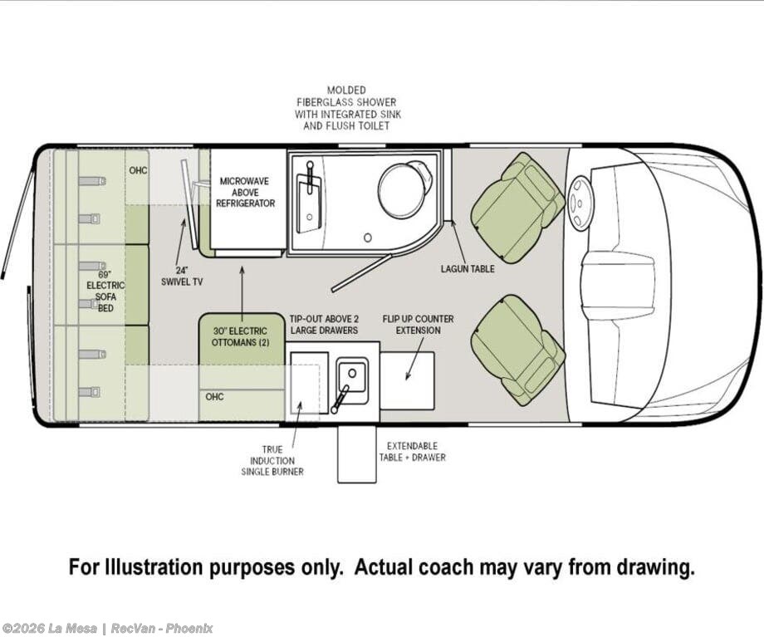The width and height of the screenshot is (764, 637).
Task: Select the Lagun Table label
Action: (x=468, y=268)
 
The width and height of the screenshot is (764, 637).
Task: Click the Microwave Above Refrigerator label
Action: (x=246, y=192)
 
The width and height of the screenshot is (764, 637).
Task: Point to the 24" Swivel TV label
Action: (x=182, y=277)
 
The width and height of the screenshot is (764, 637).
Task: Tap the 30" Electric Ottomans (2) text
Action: (x=240, y=337)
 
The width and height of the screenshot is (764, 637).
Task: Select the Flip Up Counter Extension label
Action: (x=418, y=325)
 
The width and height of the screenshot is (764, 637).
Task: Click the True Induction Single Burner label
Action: (x=272, y=461)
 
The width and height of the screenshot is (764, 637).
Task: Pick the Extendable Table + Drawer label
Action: (x=412, y=452)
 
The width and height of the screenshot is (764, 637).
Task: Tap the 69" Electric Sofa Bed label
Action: (x=105, y=291)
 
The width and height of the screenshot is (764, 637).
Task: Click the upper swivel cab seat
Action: (x=517, y=208)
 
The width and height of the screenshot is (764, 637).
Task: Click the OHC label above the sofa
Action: (x=138, y=170)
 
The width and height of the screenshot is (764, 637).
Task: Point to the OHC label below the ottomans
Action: (x=214, y=397)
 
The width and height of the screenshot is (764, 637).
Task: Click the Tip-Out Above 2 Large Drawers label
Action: (x=324, y=325)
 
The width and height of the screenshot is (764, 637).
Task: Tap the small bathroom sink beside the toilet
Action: (x=308, y=200)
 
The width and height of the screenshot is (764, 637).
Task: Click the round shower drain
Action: (x=368, y=238)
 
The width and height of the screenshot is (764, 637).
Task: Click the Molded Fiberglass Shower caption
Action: (x=347, y=108)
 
